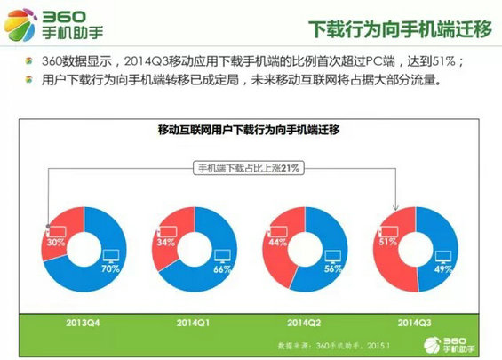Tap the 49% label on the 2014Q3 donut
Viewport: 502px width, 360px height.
pos(443,268)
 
